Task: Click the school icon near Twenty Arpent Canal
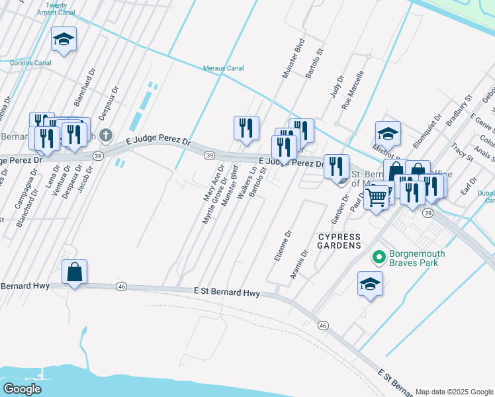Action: tap(64, 40)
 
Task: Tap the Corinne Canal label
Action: tap(31, 63)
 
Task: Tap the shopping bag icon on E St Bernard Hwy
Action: tap(75, 272)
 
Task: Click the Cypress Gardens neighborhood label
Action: tap(339, 241)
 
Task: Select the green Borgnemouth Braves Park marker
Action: tap(379, 257)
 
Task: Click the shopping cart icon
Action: tap(377, 196)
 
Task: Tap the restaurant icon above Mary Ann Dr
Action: tap(246, 127)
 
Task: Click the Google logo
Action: tap(22, 389)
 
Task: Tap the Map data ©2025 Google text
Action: tap(454, 392)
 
